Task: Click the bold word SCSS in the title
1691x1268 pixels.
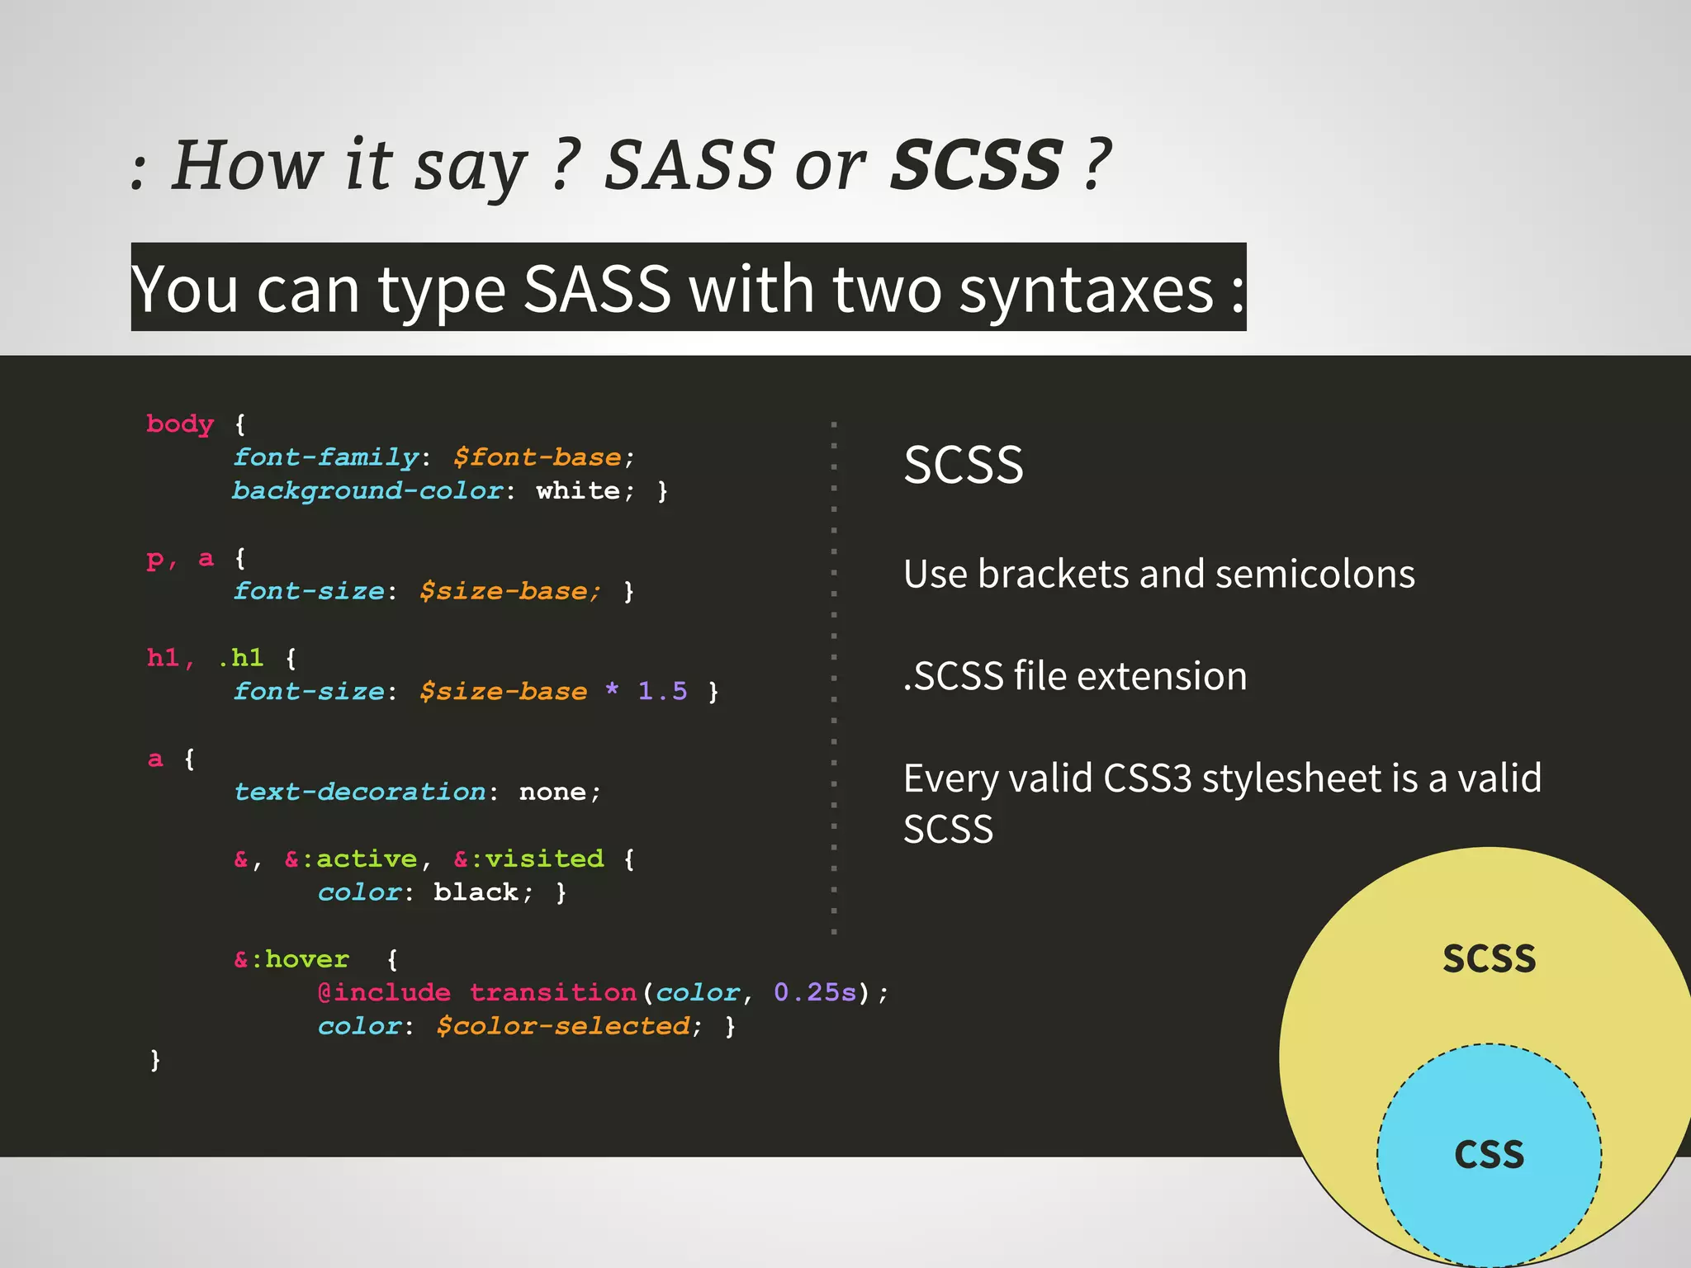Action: coord(977,164)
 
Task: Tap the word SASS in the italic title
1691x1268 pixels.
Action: coord(689,164)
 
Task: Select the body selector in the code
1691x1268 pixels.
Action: coord(180,423)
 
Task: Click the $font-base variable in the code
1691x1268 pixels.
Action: coord(538,457)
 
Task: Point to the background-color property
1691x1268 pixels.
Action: coord(367,490)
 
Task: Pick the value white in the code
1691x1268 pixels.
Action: coord(578,490)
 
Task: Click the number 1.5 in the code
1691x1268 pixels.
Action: coord(662,691)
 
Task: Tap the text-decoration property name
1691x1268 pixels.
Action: coord(360,792)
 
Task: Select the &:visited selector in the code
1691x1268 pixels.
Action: coord(529,859)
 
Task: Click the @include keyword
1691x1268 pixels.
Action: coord(384,992)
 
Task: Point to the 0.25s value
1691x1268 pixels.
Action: coord(815,992)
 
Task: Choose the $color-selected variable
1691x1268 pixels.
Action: coord(563,1026)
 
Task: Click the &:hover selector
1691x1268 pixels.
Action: coord(291,959)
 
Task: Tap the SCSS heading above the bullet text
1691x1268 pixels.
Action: coord(964,465)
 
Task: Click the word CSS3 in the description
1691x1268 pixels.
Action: coord(1148,778)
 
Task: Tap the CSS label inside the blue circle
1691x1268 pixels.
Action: coord(1489,1154)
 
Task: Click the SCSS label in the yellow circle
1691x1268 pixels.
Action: coord(1489,959)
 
